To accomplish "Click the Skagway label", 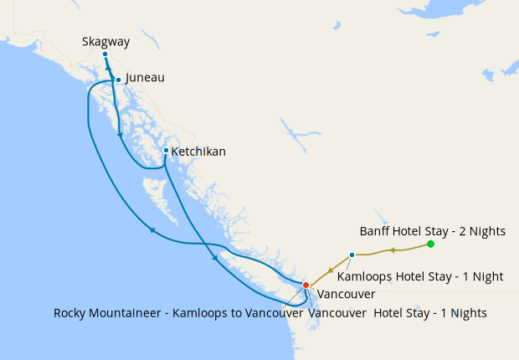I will tap(106, 41).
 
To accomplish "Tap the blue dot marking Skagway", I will tap(105, 54).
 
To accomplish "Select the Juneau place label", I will tap(145, 78).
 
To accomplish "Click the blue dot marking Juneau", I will tap(119, 80).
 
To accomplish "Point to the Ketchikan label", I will tap(198, 152).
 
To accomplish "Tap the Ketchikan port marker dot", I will tap(166, 151).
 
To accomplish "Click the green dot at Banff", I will tap(430, 244).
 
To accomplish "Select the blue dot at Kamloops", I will tap(352, 255).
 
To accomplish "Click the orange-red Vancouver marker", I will tap(306, 285).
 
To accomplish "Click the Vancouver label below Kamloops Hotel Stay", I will tap(347, 294).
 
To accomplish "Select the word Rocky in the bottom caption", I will tap(71, 313).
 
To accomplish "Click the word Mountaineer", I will tap(134, 313).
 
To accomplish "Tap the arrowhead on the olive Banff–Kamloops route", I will tap(390, 249).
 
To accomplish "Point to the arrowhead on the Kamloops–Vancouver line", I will tap(335, 265).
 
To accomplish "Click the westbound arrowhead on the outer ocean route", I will tap(152, 231).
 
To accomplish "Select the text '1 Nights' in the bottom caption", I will tap(463, 313).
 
